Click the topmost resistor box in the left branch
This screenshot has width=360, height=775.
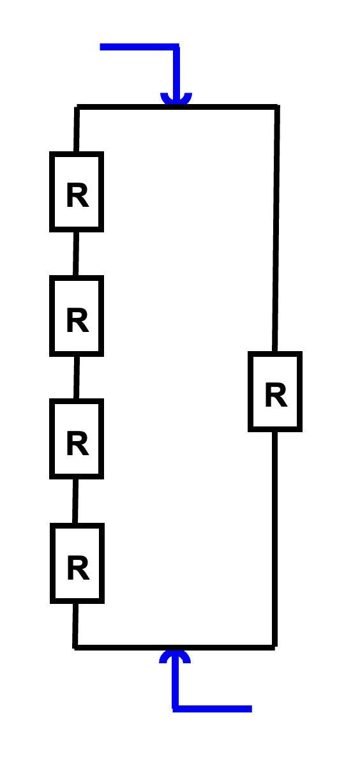tap(77, 192)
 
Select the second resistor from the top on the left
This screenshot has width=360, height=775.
tap(77, 316)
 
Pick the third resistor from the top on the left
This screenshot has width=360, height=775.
tap(77, 439)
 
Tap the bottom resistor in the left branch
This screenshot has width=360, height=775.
tap(77, 563)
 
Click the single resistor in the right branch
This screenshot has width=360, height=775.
tap(275, 392)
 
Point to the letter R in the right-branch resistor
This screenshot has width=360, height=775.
tap(276, 395)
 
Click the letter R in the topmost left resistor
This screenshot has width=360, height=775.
tap(77, 195)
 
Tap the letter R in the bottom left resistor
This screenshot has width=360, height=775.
tap(78, 568)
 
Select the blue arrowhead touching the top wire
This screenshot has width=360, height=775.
tap(176, 98)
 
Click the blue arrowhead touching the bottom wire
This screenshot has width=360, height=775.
tap(175, 656)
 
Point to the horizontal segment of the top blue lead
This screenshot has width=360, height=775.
tap(139, 47)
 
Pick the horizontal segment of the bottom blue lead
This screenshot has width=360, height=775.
tap(212, 709)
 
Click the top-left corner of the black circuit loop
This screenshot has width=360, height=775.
tap(77, 107)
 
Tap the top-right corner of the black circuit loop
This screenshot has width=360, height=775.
tap(277, 107)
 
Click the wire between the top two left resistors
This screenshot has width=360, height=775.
tap(76, 253)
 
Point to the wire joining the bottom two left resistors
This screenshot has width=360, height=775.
tap(75, 501)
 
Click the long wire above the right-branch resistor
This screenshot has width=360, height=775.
tap(276, 229)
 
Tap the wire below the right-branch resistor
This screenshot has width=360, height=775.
tap(274, 539)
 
